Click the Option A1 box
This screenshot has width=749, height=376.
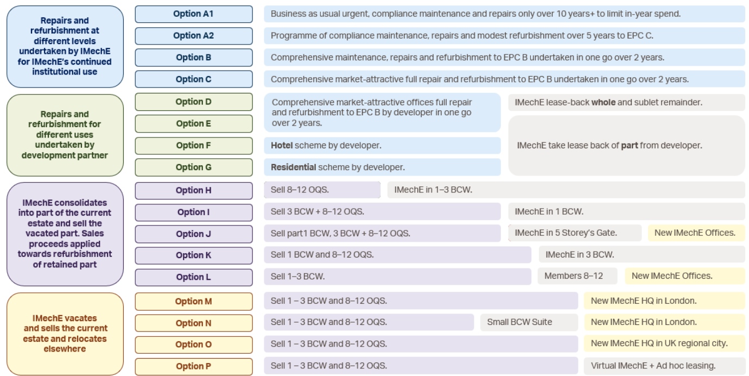pos(194,14)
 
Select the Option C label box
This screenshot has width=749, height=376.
pos(194,79)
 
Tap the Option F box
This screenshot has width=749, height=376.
pos(194,146)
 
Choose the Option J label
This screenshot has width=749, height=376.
pos(194,234)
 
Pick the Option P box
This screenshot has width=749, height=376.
pos(194,367)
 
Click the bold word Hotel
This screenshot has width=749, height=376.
pos(282,145)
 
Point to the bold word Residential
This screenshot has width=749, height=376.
pos(293,167)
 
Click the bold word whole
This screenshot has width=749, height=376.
pos(603,102)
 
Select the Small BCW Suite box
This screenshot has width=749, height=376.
pos(529,322)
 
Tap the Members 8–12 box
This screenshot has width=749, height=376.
pos(577,276)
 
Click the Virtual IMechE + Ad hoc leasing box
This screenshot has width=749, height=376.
pos(664,366)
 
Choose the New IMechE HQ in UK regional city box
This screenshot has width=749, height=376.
pos(664,343)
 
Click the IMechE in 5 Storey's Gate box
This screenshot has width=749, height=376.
pos(575,233)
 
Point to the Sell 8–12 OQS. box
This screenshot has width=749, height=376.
pos(322,190)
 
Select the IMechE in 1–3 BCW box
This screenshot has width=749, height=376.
pos(566,190)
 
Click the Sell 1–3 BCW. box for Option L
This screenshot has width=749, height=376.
pos(398,277)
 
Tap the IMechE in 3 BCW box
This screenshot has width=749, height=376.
pos(642,255)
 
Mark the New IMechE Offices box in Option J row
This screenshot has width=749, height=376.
pos(696,233)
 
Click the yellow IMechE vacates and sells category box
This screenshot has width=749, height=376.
pos(65,334)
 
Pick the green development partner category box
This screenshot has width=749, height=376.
pos(65,135)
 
